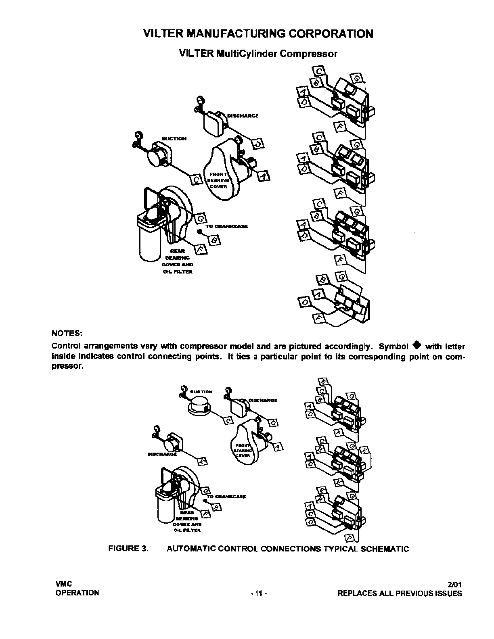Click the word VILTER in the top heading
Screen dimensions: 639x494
click(x=163, y=33)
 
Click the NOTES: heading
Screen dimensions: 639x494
click(x=67, y=334)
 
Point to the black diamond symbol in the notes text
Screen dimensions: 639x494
click(x=417, y=346)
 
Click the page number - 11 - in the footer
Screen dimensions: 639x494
click(x=259, y=593)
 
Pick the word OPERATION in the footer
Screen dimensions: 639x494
click(x=77, y=593)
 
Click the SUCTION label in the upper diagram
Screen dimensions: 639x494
click(x=174, y=139)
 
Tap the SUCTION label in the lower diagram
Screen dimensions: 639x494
click(x=201, y=392)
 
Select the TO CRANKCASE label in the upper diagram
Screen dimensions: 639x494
click(x=226, y=226)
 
